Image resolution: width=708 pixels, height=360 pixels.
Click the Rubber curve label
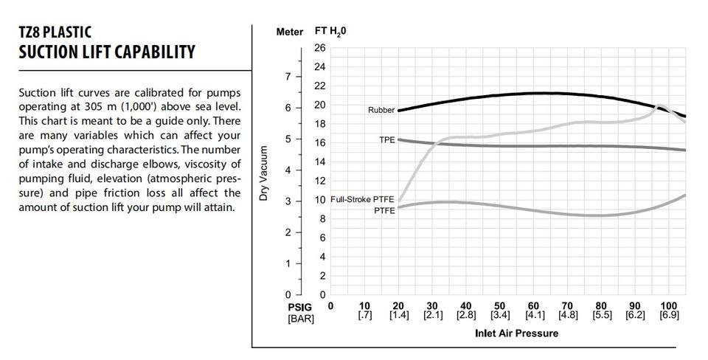[x=381, y=110]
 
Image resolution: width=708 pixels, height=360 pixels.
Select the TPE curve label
[x=387, y=140]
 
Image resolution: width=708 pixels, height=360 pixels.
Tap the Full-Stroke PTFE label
[x=362, y=199]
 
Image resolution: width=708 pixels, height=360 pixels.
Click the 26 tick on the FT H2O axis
[x=319, y=48]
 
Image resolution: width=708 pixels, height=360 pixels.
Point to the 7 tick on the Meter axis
[x=288, y=77]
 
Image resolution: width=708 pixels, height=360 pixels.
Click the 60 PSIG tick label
[x=534, y=306]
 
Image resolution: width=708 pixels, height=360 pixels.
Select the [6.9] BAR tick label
[x=669, y=315]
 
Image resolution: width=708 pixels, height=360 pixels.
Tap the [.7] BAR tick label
[x=364, y=315]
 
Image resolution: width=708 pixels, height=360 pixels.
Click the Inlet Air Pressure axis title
[x=516, y=333]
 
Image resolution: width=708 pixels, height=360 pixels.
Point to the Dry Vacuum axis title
[x=263, y=173]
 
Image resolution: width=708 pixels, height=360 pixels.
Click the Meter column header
[x=289, y=32]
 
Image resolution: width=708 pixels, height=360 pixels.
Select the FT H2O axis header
[x=330, y=32]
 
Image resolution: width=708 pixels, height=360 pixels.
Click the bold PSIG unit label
[x=300, y=307]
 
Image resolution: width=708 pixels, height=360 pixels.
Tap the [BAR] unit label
[x=301, y=319]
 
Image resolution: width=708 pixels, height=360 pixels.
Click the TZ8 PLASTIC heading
[x=55, y=32]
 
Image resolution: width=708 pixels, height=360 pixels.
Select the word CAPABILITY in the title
[x=154, y=52]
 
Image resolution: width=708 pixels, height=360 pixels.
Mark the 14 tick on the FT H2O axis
[x=319, y=162]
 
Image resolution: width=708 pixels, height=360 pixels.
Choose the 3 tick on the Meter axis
[x=288, y=201]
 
